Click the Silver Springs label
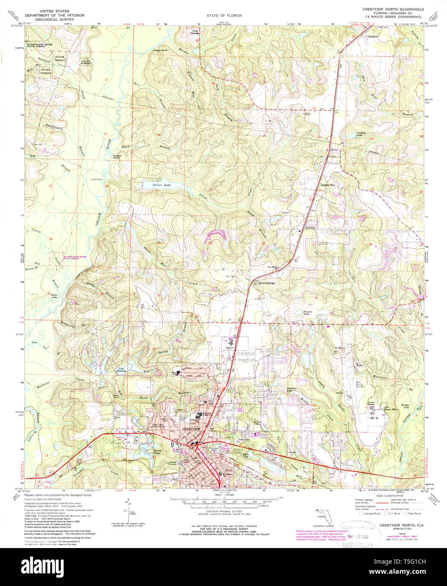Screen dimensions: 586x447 tap(267, 283)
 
